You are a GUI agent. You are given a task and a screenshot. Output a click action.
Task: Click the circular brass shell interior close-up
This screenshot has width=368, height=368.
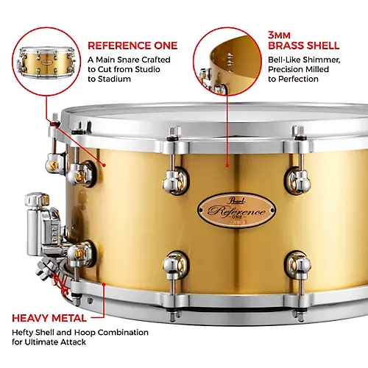point(228,60)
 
